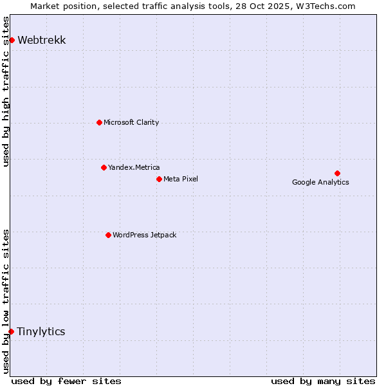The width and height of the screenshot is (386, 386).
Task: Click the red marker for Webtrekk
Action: tap(12, 40)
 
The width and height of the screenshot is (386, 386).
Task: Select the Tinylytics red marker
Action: tap(11, 331)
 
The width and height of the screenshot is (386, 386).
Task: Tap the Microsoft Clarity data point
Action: tap(99, 122)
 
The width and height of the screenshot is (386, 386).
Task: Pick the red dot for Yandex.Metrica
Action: tap(104, 167)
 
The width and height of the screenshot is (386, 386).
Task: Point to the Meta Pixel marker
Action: tap(159, 179)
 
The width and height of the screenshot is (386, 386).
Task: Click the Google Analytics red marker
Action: tap(337, 173)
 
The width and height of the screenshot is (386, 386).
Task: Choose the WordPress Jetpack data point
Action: tap(108, 235)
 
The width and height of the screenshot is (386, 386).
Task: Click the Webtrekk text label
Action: tap(42, 41)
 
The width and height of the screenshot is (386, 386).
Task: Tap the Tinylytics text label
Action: tap(41, 332)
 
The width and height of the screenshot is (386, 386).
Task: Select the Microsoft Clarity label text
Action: tap(131, 122)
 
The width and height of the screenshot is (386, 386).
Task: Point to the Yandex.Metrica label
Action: tap(134, 167)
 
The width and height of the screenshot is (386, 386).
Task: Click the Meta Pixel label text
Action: tap(181, 179)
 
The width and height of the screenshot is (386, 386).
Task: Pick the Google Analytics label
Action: tap(320, 182)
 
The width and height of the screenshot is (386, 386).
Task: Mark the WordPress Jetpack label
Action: tap(144, 235)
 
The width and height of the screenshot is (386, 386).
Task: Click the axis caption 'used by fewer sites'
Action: tap(66, 381)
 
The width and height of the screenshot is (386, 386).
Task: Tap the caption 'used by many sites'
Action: tap(323, 381)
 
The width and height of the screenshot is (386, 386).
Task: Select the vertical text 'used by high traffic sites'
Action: tap(6, 91)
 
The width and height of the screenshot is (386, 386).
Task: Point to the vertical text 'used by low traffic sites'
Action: tap(6, 300)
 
